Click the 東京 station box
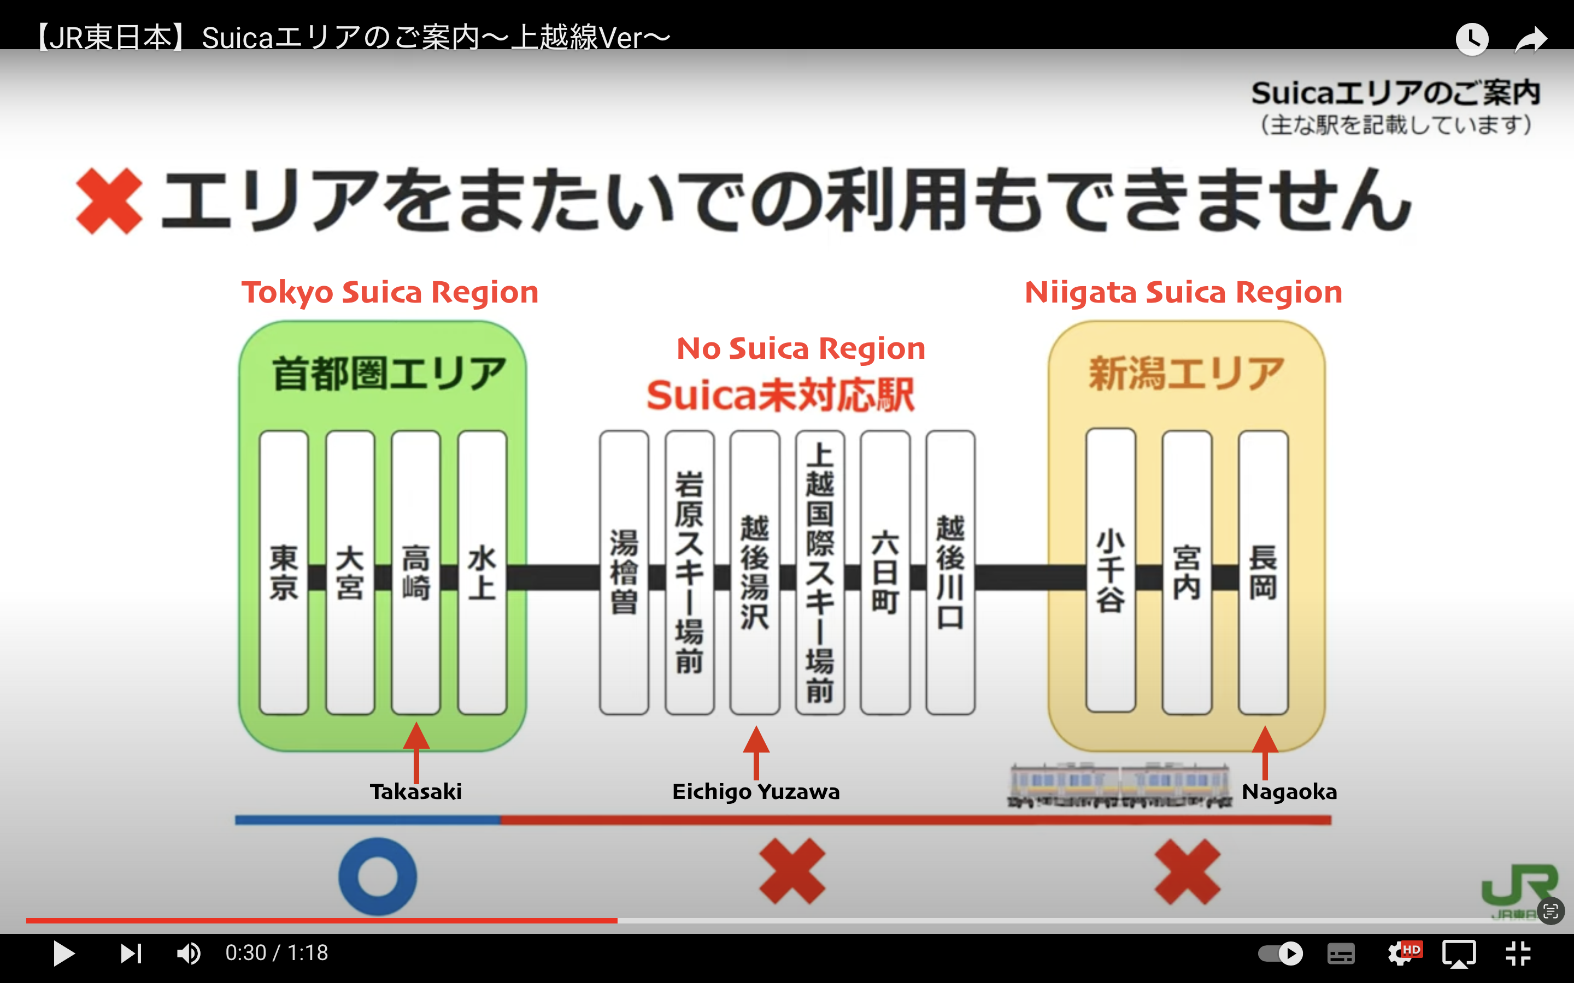[x=284, y=572]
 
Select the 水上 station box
[x=482, y=572]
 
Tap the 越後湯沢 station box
[x=754, y=572]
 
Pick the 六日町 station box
[x=885, y=572]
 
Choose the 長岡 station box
[x=1263, y=572]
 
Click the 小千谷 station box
[x=1110, y=572]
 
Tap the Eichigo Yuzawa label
[x=756, y=792]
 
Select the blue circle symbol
[x=377, y=876]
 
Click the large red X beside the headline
[x=109, y=201]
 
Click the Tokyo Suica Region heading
[x=390, y=293]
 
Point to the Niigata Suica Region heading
[x=1183, y=293]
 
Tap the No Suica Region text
[x=801, y=349]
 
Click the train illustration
[x=1119, y=785]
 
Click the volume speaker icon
[x=189, y=953]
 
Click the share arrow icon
[x=1530, y=39]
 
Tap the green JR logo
[x=1519, y=887]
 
